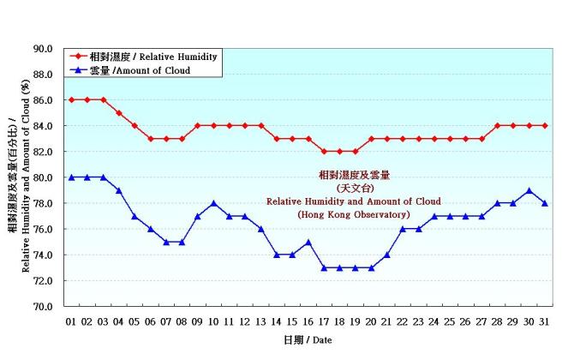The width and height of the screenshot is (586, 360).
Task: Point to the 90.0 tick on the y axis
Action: point(43,49)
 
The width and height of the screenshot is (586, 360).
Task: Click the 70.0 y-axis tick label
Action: point(43,306)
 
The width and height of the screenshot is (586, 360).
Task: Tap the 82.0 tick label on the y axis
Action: point(43,152)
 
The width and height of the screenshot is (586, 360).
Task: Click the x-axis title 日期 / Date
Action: point(308,339)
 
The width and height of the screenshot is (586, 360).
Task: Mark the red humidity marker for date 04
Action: point(118,113)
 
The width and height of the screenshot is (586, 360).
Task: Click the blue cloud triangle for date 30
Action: point(529,190)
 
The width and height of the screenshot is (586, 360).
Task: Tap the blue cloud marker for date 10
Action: point(213,203)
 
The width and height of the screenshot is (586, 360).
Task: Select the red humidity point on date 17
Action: point(324,152)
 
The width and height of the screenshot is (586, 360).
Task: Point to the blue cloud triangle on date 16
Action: point(308,242)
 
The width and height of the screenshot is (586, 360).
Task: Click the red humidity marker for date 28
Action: point(498,126)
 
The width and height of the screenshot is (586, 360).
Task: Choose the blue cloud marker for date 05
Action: point(135,216)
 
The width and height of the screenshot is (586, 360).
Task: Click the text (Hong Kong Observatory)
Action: point(353,214)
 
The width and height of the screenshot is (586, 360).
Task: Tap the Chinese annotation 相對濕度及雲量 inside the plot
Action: point(353,175)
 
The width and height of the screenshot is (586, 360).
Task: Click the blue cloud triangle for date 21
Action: point(387,255)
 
